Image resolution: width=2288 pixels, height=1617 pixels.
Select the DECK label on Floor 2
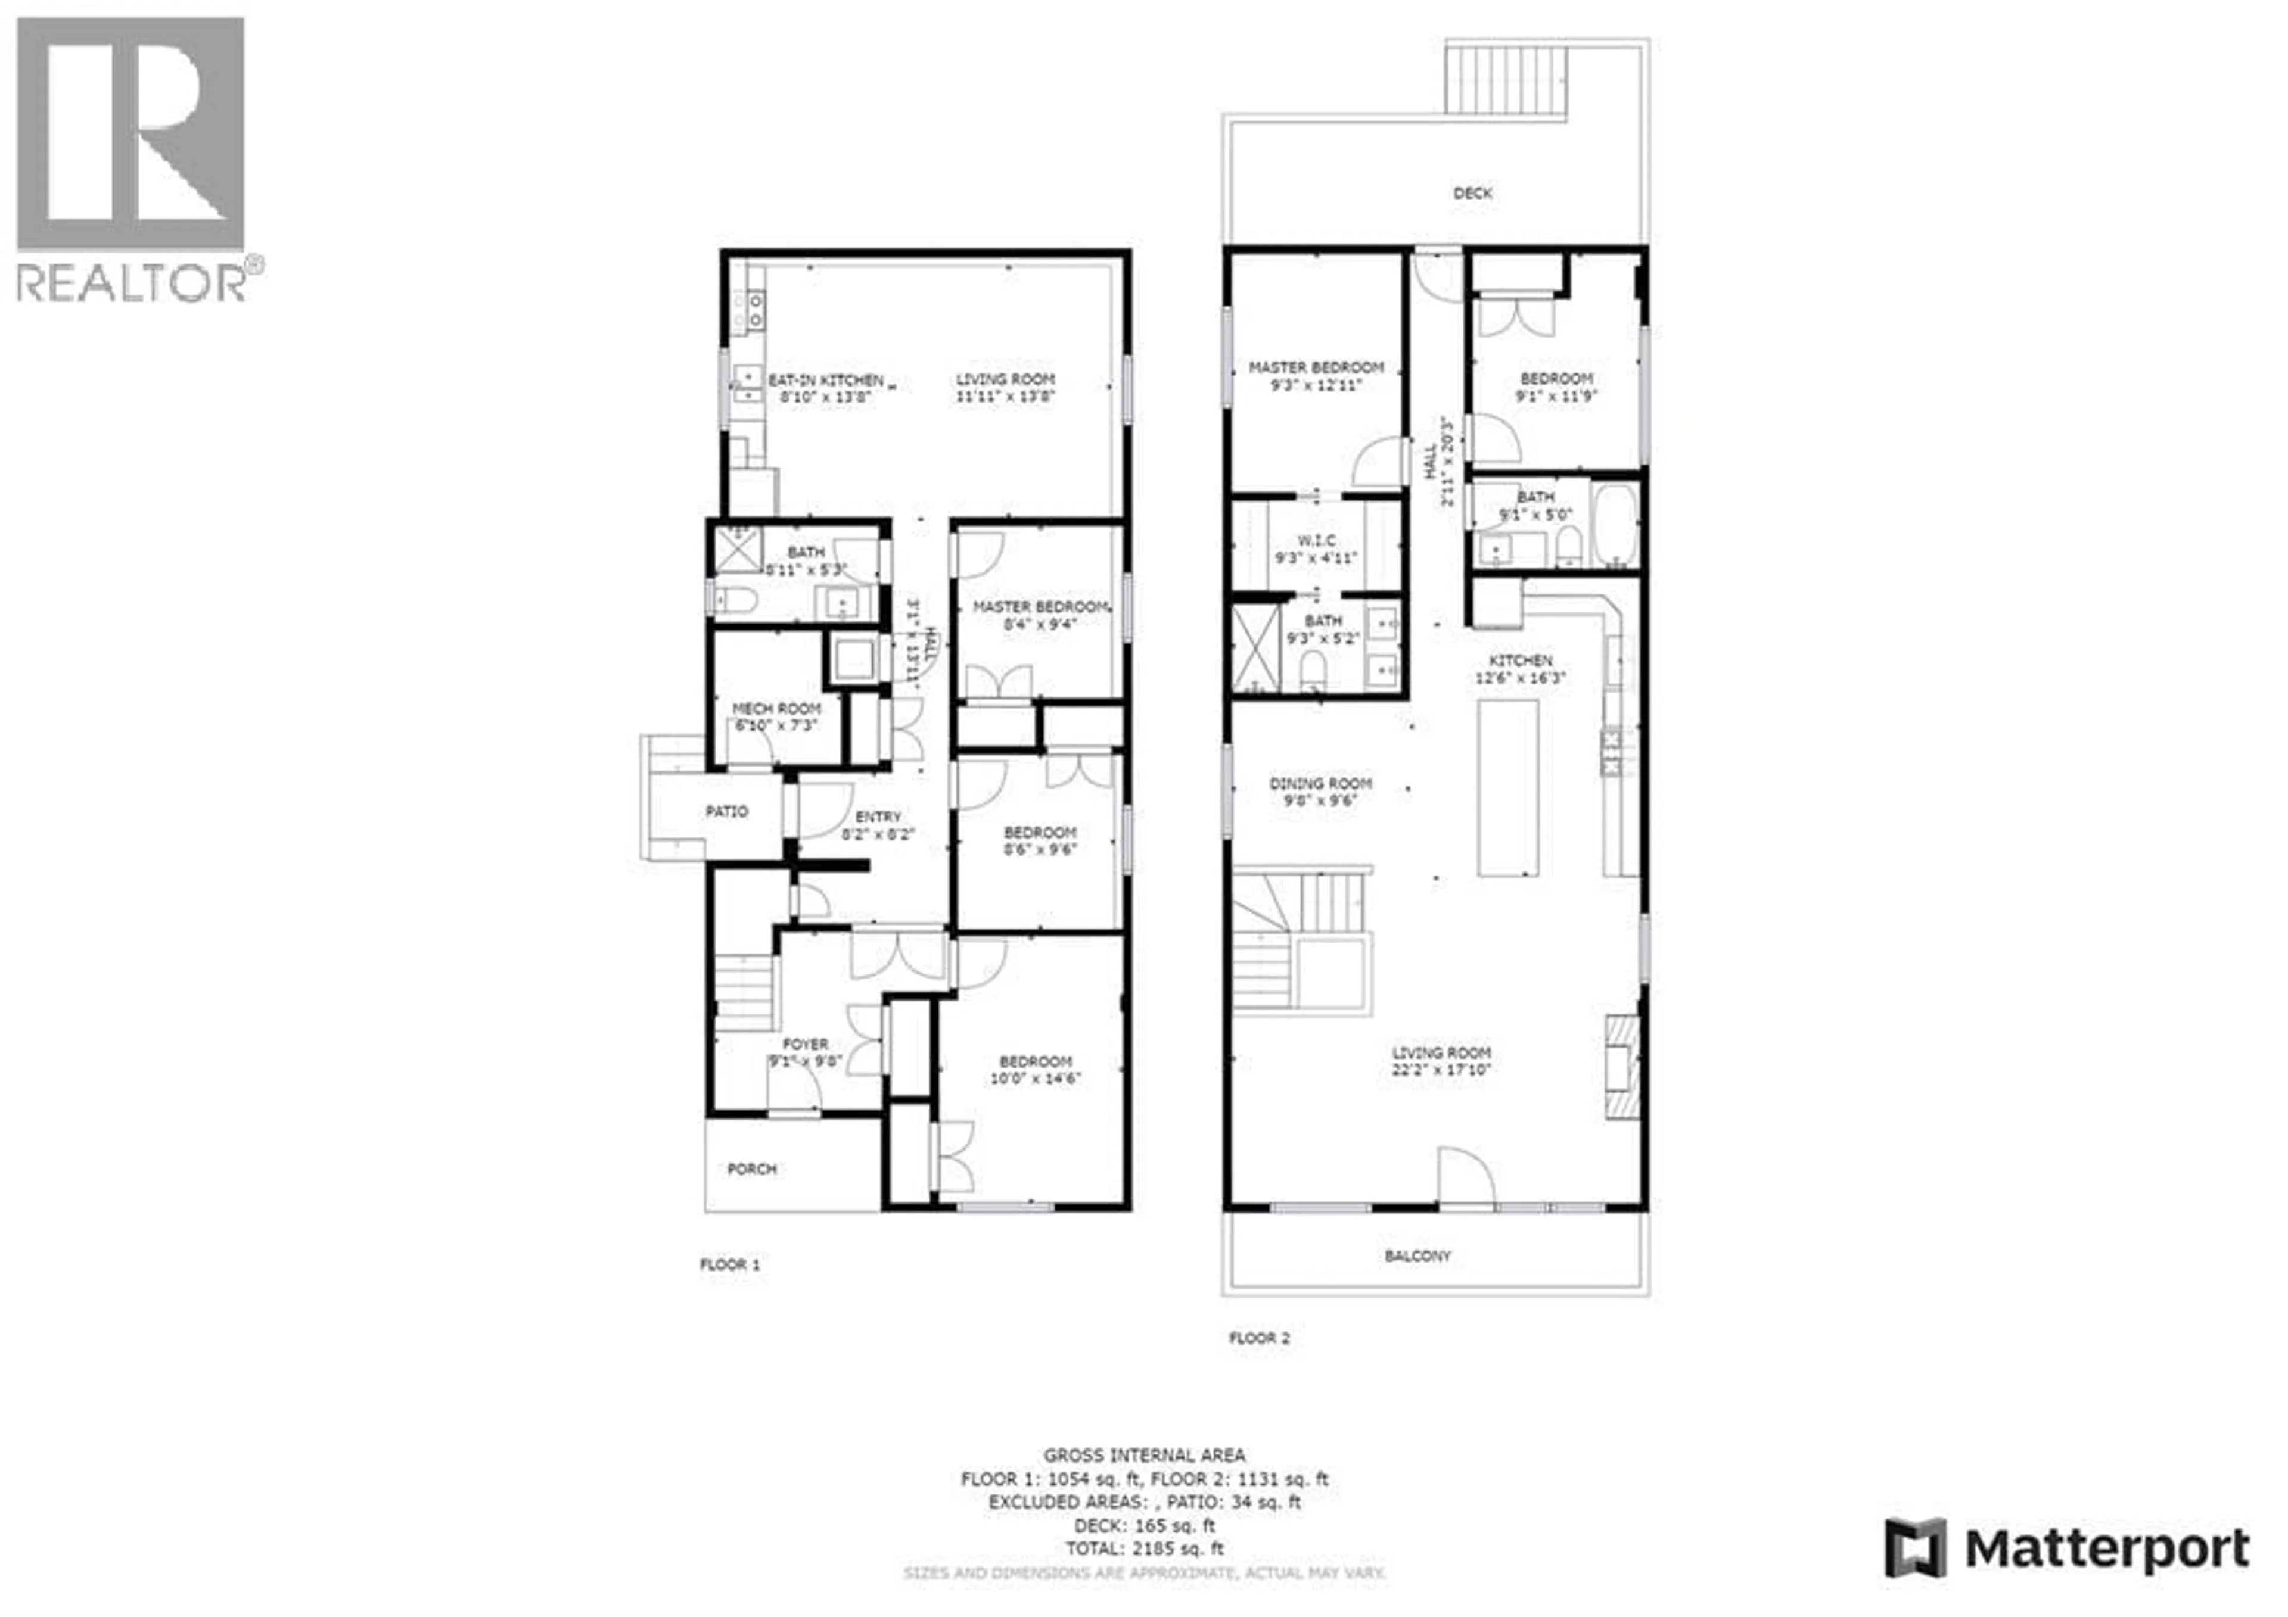[x=1472, y=194]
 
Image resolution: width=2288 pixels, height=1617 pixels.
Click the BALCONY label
[x=1417, y=1256]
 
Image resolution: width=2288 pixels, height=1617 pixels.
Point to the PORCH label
[x=751, y=1169]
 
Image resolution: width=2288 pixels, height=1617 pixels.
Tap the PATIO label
[x=726, y=812]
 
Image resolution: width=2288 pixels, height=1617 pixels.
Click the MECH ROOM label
[x=776, y=708]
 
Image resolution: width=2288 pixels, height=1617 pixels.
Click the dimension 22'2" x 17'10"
[x=1441, y=1071]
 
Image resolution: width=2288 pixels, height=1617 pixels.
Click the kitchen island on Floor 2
[x=1507, y=787]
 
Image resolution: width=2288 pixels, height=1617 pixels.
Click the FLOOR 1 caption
[x=729, y=1264]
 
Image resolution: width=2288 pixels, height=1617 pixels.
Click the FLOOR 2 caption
[x=1258, y=1338]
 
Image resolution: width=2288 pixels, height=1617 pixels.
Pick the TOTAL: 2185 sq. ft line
[x=1144, y=1549]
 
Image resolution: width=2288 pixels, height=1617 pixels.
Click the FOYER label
[x=804, y=1044]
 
